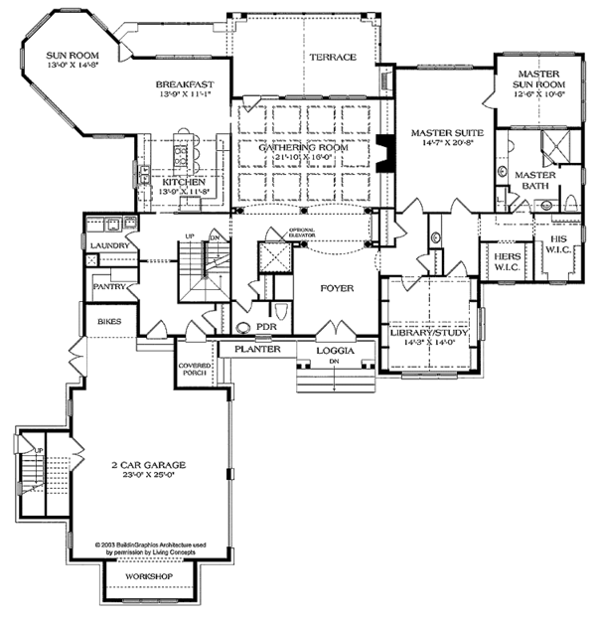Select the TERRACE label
click(332, 58)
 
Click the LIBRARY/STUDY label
click(429, 334)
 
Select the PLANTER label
click(257, 350)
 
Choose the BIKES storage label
click(107, 323)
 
